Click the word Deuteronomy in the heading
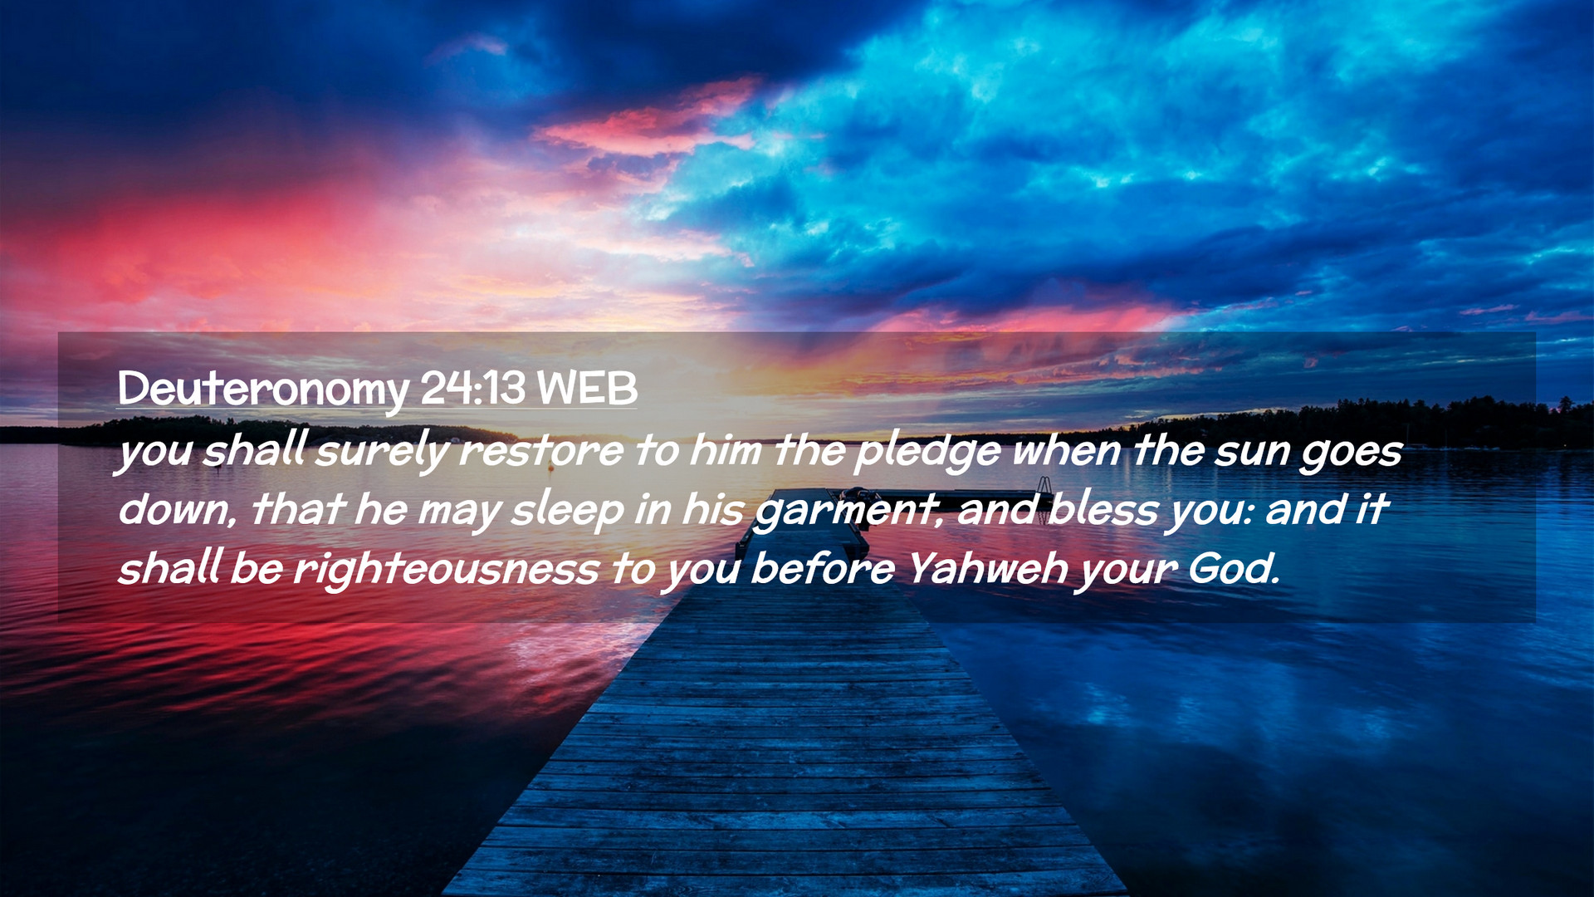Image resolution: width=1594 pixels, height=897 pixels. (263, 390)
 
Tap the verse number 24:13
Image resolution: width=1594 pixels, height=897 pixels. (473, 387)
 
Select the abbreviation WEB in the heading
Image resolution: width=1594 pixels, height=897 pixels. (587, 387)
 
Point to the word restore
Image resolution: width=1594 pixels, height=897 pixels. (540, 451)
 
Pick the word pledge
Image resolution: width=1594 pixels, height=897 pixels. (928, 453)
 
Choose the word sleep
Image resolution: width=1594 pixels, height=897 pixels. (567, 512)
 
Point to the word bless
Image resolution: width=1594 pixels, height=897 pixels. (1103, 509)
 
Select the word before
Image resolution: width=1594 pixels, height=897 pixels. (823, 568)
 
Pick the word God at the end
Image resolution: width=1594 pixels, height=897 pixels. (1234, 568)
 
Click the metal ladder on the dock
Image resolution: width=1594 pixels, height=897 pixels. (1045, 487)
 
